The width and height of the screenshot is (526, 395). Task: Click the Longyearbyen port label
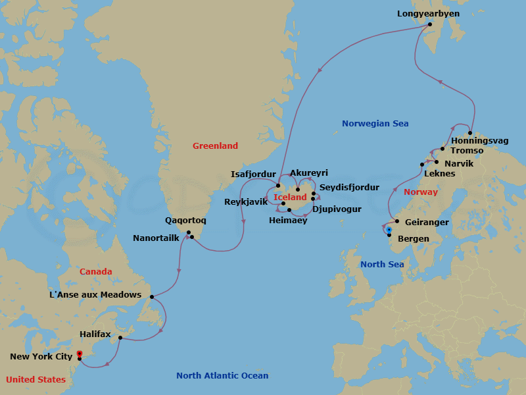click(x=429, y=13)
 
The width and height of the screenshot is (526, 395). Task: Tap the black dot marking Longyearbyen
click(x=430, y=25)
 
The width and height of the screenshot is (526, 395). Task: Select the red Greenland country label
click(x=215, y=146)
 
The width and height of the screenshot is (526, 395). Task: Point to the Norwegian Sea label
click(x=375, y=124)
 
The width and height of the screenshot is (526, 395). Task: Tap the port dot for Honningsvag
click(x=470, y=133)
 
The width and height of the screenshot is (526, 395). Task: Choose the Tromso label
click(x=467, y=151)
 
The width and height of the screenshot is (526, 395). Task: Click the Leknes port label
click(x=440, y=174)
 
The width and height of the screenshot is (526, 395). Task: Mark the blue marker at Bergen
click(x=389, y=230)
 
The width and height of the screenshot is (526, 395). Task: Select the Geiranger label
click(x=427, y=223)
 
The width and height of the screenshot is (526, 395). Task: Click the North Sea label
click(x=382, y=265)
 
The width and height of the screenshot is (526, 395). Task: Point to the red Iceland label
click(x=290, y=197)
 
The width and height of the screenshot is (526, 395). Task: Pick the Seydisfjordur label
click(x=349, y=188)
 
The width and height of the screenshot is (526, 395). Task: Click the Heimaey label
click(x=288, y=221)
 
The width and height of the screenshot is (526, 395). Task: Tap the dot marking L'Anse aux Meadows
click(x=152, y=297)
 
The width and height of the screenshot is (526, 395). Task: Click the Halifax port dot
click(x=120, y=338)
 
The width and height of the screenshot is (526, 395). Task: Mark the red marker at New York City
click(x=80, y=354)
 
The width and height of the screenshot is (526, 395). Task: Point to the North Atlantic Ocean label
click(x=222, y=376)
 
